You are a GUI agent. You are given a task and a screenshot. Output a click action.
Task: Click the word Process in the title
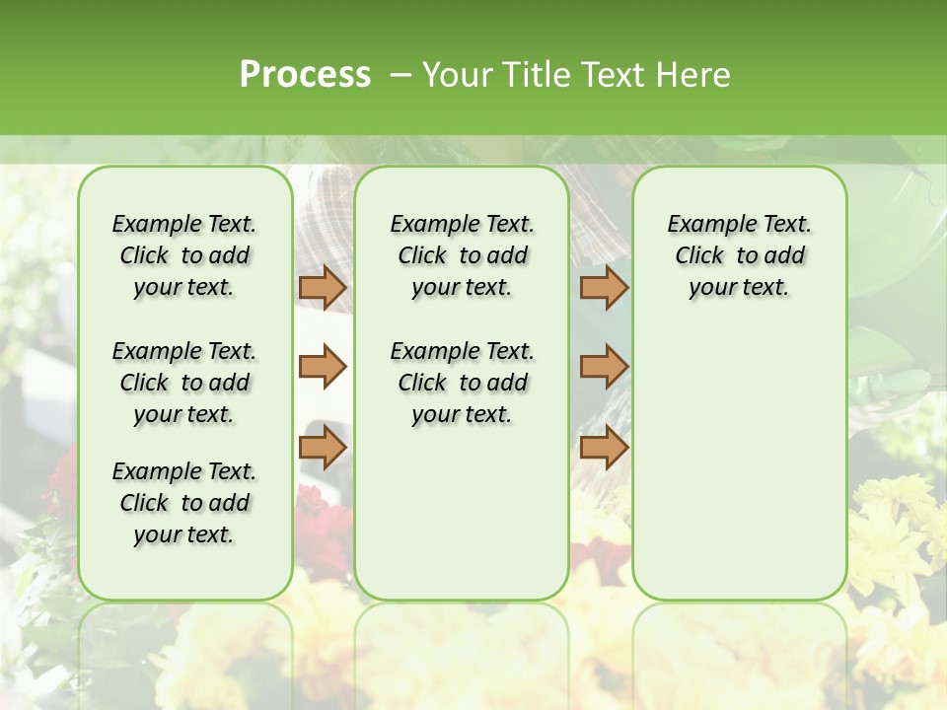[x=305, y=74]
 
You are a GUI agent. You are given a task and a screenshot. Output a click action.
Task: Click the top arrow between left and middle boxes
[x=323, y=287]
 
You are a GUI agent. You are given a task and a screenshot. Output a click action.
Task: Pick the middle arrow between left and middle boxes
[x=323, y=367]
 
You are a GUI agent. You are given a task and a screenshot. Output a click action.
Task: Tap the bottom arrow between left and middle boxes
[x=323, y=447]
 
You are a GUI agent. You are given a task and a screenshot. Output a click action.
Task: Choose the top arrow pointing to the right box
[x=604, y=287]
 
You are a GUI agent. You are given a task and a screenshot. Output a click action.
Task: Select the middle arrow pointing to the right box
[x=604, y=367]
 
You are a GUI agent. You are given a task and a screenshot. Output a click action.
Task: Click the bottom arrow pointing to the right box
[x=604, y=447]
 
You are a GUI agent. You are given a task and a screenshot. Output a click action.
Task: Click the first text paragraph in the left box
[x=184, y=255]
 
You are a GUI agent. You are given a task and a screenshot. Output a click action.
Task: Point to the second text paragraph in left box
[x=184, y=383]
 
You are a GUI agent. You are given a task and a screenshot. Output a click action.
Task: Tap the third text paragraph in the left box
[x=184, y=503]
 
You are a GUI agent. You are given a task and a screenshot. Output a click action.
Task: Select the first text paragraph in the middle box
[x=462, y=255]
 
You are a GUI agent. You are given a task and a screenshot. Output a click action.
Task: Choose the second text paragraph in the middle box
[x=462, y=383]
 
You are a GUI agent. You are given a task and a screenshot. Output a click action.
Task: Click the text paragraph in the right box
[x=739, y=255]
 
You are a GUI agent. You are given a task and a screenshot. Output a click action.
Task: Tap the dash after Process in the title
[x=401, y=74]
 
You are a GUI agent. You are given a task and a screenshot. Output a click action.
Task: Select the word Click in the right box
[x=699, y=255]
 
